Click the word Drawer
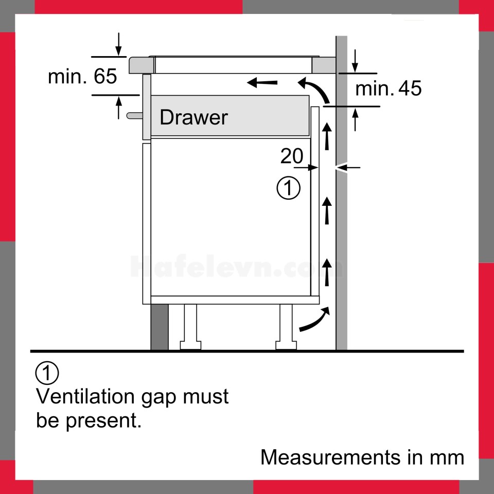pos(193,117)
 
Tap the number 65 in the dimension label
pos(105,76)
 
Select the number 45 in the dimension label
pos(410,88)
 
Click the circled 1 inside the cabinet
pos(288,188)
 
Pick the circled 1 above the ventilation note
pos(47,373)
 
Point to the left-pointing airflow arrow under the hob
pos(262,83)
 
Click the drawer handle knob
pos(134,116)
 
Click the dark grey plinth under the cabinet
pos(160,327)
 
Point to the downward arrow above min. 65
pos(118,44)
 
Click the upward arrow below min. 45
pos(355,119)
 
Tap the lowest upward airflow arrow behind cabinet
pos(327,273)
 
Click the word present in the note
pos(103,420)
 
